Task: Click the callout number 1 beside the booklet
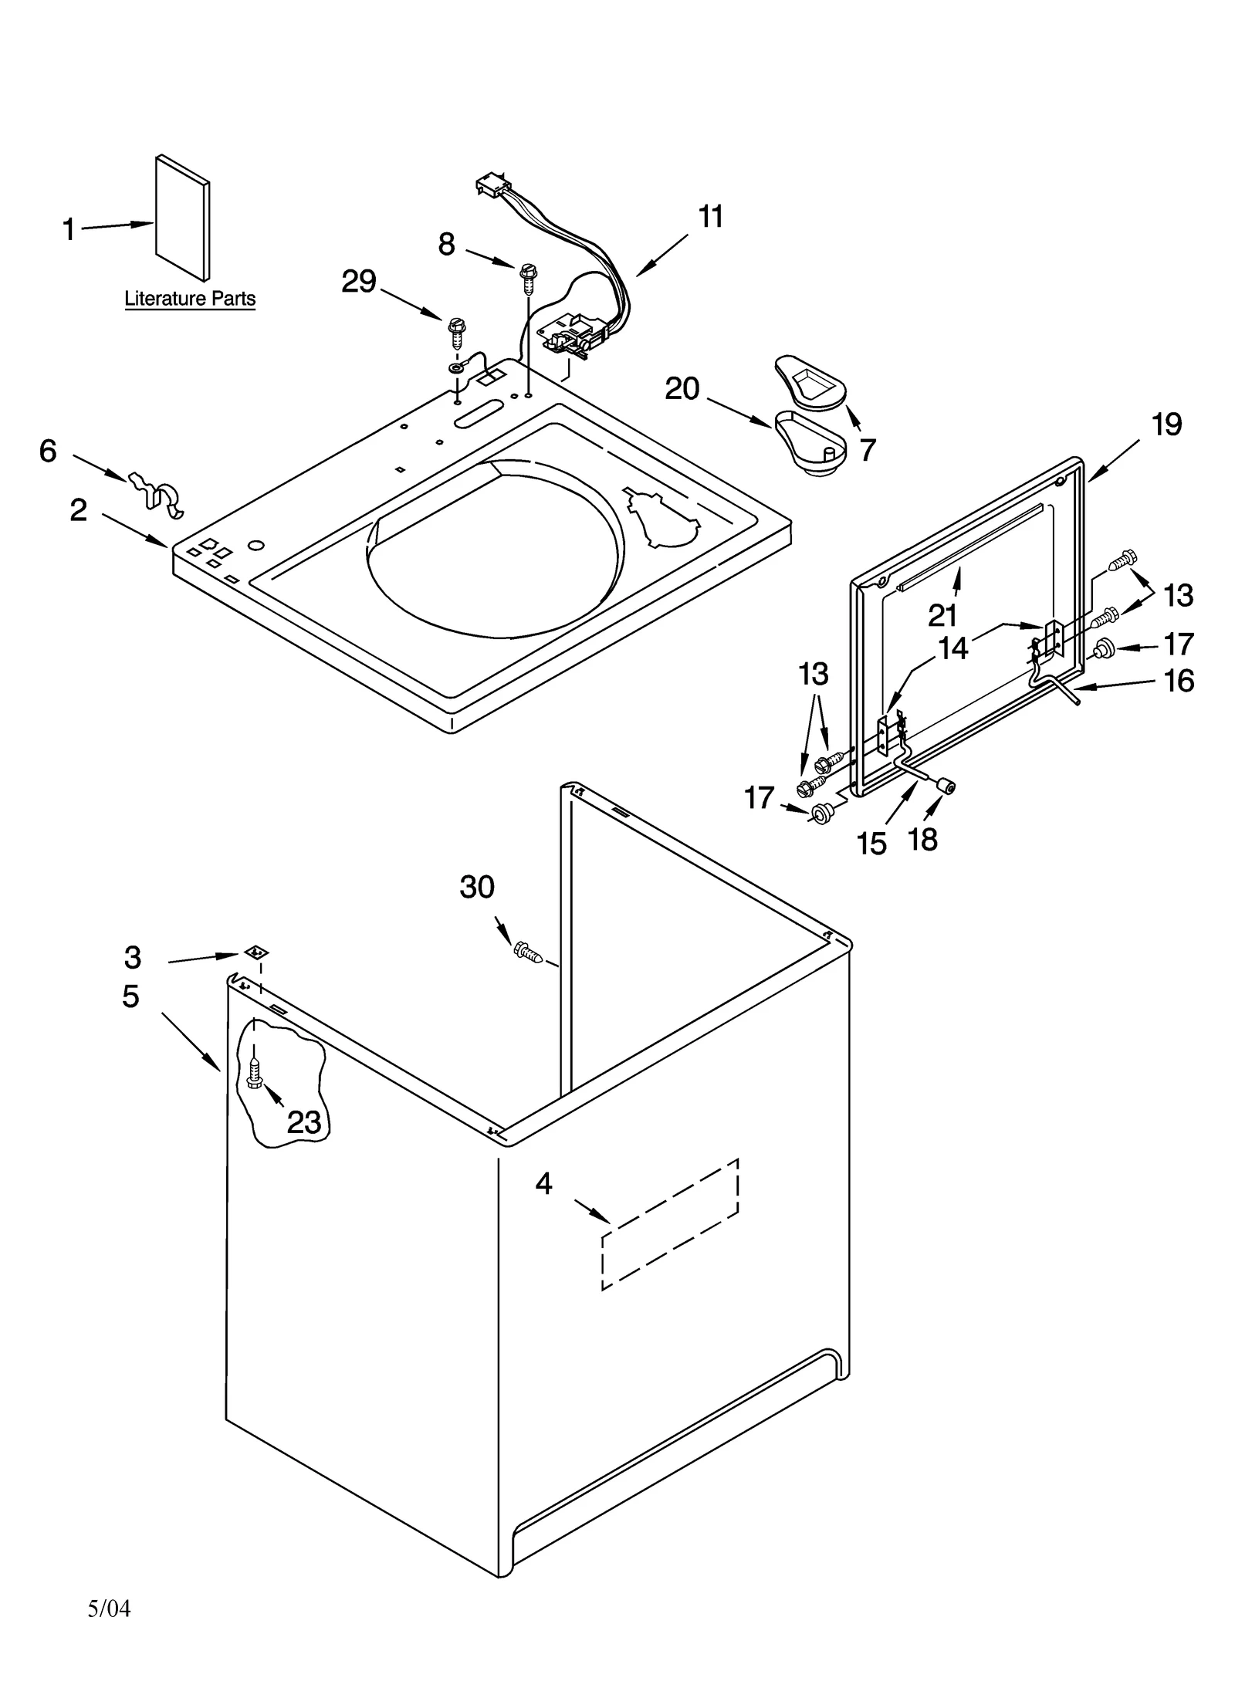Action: click(x=69, y=229)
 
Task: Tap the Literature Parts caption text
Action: click(x=190, y=299)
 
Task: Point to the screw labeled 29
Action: click(x=456, y=332)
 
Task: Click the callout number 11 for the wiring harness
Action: click(x=710, y=217)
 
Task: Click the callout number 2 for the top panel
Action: click(x=79, y=510)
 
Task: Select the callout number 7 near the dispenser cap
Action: click(x=868, y=450)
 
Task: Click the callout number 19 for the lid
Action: click(x=1166, y=424)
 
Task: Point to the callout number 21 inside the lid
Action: click(x=942, y=615)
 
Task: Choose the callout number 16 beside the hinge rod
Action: click(x=1179, y=681)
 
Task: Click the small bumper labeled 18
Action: click(x=944, y=787)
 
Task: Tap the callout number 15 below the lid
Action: click(x=871, y=844)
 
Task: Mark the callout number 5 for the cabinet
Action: click(x=130, y=996)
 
